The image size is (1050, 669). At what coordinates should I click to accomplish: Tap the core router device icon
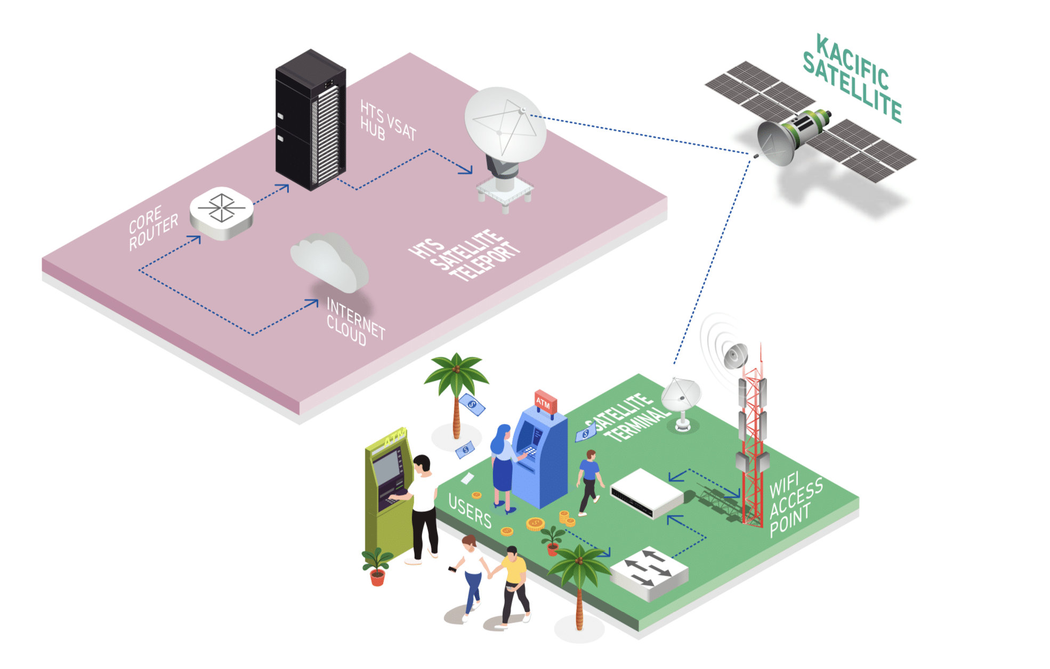coord(221,211)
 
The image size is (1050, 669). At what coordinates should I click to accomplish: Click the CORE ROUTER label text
coord(153,227)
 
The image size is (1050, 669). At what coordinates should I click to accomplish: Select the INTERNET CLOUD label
coord(354,322)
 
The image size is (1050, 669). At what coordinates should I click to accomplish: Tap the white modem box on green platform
coord(646,493)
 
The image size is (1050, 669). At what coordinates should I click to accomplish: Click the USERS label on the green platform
coord(470,510)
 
